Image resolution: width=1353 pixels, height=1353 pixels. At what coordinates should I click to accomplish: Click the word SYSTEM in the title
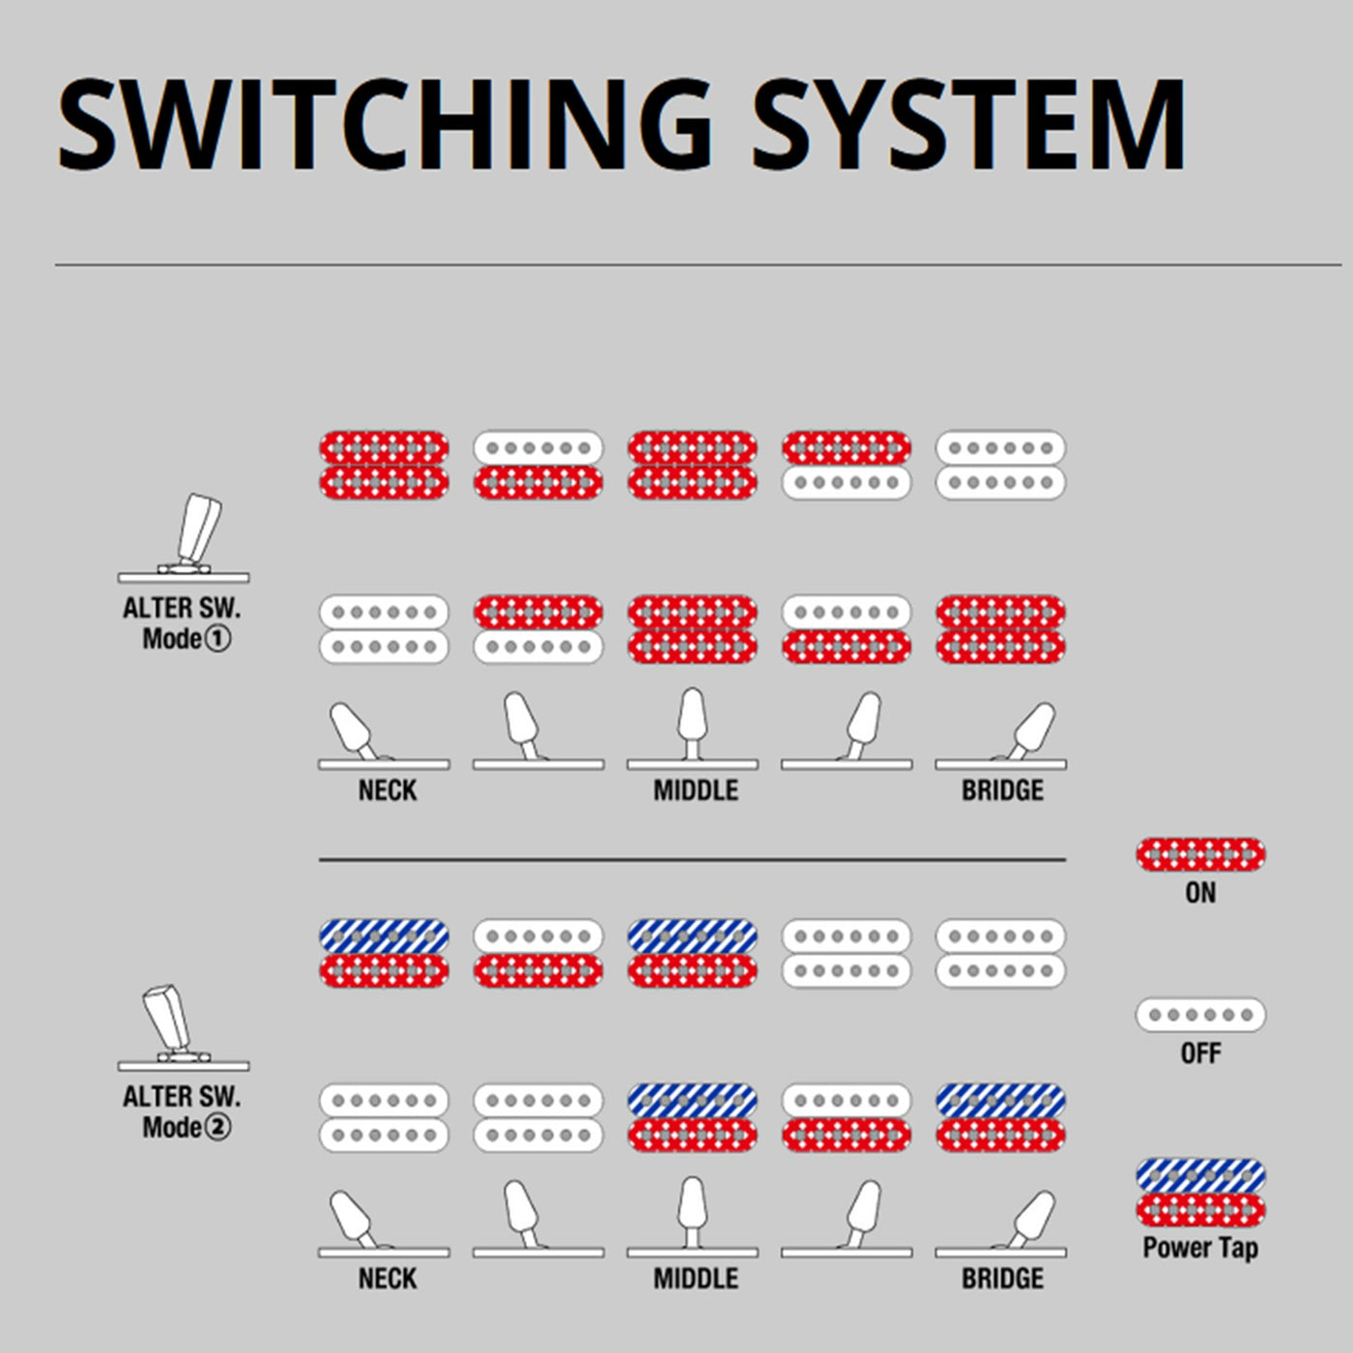pyautogui.click(x=968, y=126)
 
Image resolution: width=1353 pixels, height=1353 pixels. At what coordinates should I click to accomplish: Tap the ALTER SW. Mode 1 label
pyautogui.click(x=183, y=623)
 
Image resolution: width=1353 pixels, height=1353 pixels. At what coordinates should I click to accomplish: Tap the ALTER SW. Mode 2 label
pyautogui.click(x=183, y=1111)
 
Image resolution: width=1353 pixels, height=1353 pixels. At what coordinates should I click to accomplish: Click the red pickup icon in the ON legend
pyautogui.click(x=1200, y=854)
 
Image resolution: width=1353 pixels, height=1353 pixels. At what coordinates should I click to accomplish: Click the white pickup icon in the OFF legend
pyautogui.click(x=1200, y=1015)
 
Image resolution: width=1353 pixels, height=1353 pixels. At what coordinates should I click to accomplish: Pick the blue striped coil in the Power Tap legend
pyautogui.click(x=1200, y=1175)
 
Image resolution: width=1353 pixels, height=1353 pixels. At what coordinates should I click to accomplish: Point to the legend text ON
pyautogui.click(x=1200, y=893)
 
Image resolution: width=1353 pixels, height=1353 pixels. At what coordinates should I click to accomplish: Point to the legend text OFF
pyautogui.click(x=1200, y=1053)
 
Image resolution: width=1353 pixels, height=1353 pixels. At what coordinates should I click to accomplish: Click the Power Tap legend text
pyautogui.click(x=1200, y=1248)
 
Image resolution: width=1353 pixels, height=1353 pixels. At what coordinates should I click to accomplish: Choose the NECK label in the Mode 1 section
pyautogui.click(x=388, y=791)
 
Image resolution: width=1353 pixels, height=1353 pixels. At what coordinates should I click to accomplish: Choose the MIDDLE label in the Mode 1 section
pyautogui.click(x=696, y=791)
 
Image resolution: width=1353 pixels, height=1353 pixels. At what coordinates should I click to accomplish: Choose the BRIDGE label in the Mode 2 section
pyautogui.click(x=1002, y=1279)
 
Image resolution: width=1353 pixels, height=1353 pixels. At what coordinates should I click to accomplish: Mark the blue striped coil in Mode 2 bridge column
pyautogui.click(x=1001, y=1100)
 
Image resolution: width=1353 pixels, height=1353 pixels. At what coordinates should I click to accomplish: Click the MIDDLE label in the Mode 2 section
pyautogui.click(x=696, y=1279)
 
